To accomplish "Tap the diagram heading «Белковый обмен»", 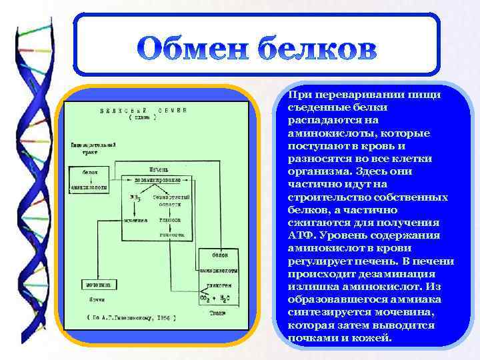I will [x=143, y=110].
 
